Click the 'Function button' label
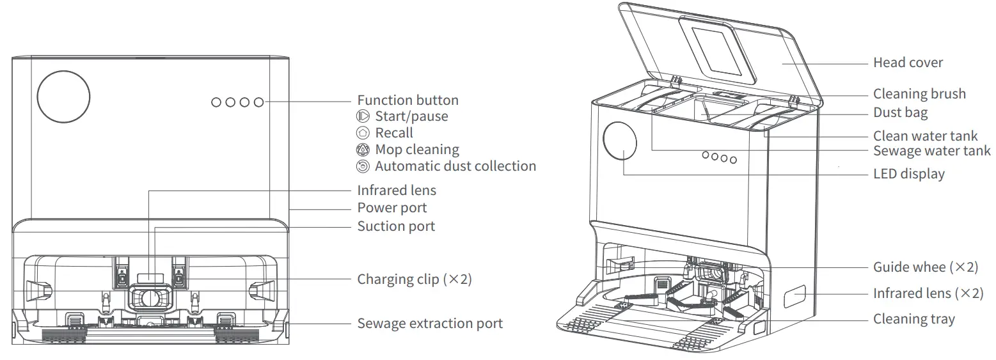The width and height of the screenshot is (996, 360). pos(407,100)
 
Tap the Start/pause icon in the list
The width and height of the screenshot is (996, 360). pos(363,116)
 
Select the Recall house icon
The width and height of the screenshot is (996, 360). pos(363,133)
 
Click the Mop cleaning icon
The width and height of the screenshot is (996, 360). pos(363,150)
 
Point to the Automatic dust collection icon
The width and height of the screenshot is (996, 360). pos(363,166)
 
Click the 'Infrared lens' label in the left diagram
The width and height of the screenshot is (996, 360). pos(397,191)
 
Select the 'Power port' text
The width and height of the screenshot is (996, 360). pos(391,208)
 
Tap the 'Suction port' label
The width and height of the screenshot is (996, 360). pos(396,226)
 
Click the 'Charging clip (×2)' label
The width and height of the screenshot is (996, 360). pos(414,279)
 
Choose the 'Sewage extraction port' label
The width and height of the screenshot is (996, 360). pos(430,324)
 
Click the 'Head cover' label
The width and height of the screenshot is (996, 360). pos(908,63)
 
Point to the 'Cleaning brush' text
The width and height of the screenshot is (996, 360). pos(919,94)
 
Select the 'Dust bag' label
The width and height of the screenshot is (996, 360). pos(900,113)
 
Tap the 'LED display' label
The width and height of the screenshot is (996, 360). pos(908,174)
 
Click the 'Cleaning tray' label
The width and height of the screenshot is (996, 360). pos(913,319)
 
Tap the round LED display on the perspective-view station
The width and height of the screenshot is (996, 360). pos(621,142)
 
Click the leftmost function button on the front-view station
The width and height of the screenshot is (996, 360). pos(216,102)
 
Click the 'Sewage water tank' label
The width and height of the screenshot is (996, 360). pos(931,151)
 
